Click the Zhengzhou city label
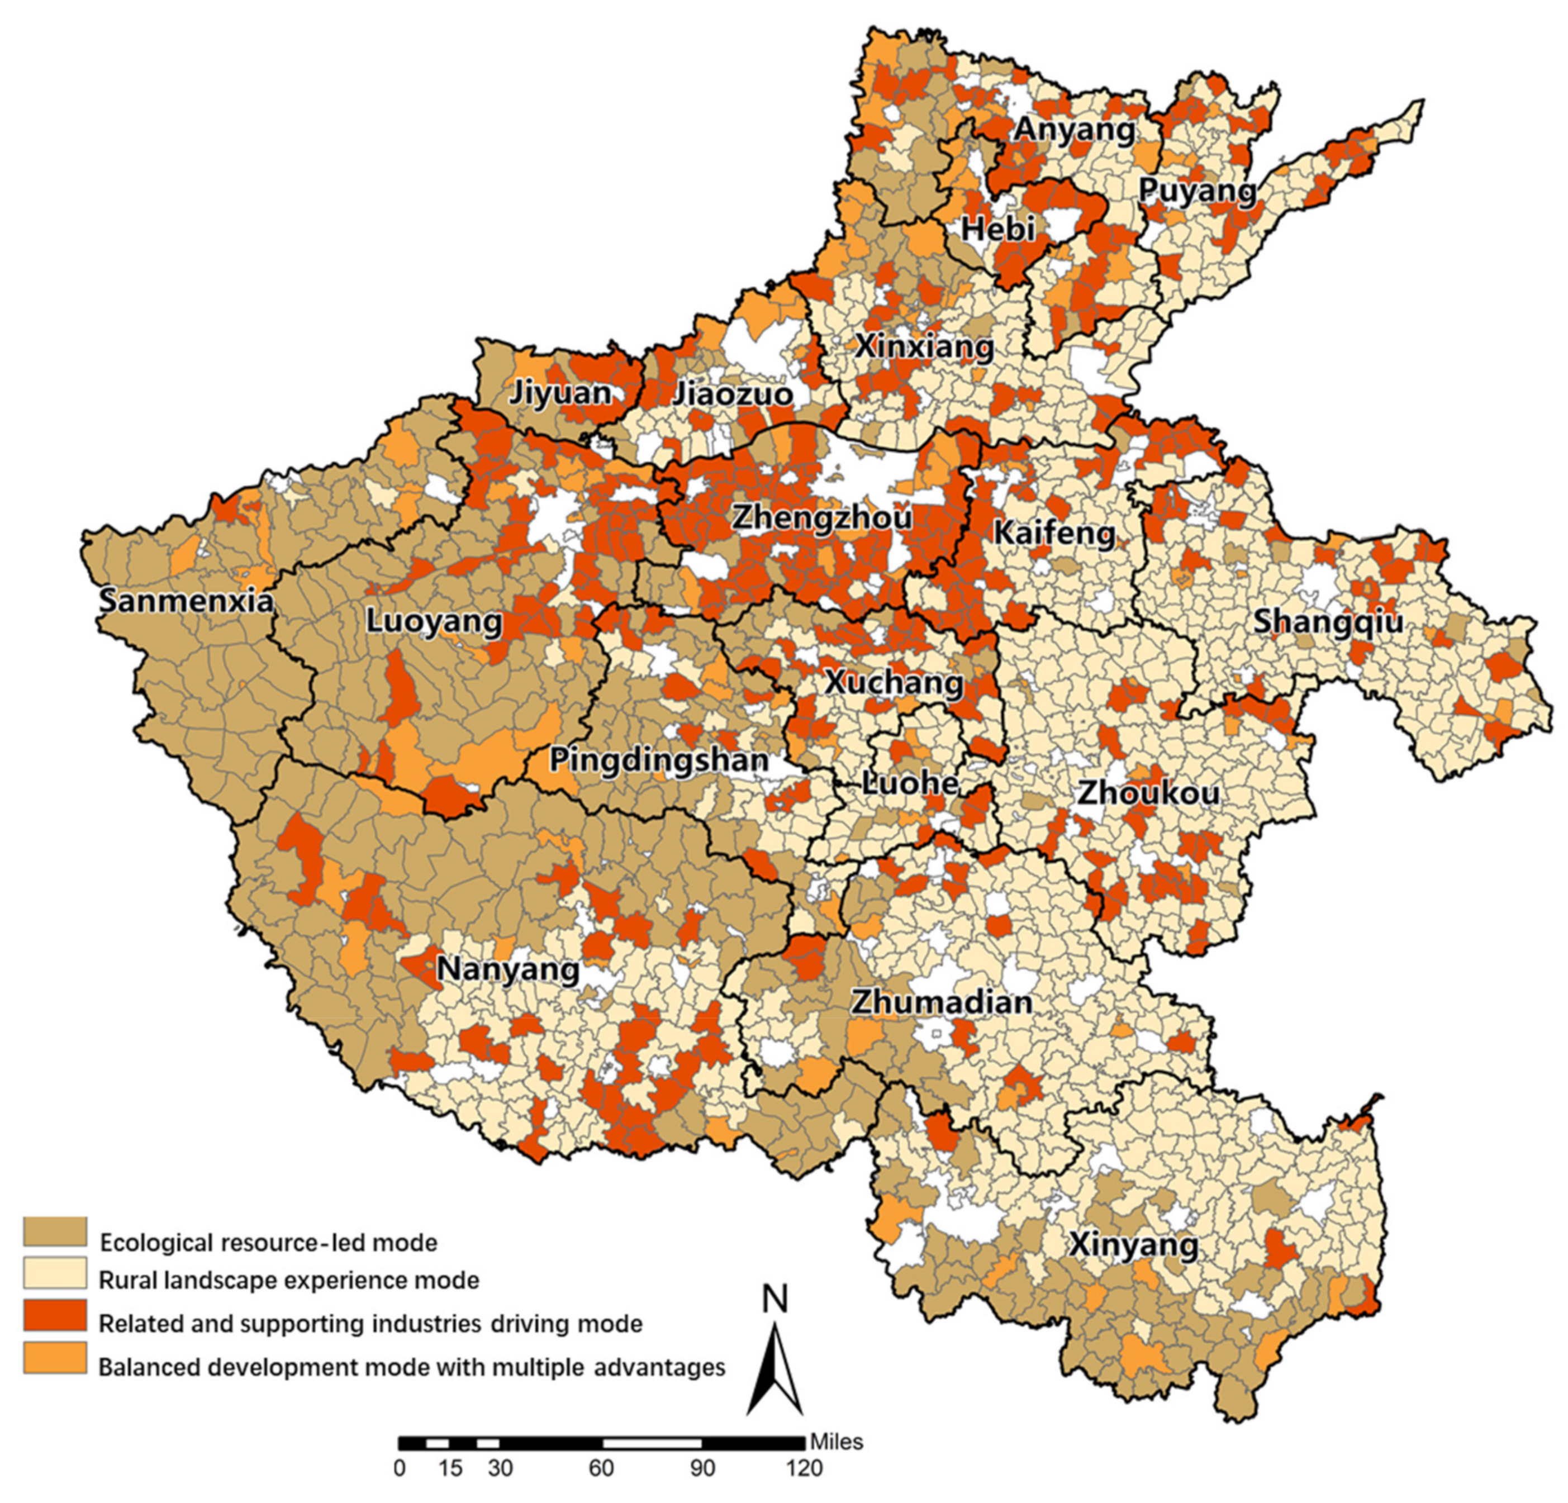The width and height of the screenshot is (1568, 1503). (821, 517)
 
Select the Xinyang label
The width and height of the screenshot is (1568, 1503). (1134, 1245)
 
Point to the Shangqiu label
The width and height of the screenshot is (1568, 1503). (1328, 621)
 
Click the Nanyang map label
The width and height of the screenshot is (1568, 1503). (509, 969)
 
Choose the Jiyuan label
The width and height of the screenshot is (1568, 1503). (561, 393)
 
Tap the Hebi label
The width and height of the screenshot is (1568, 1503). (997, 229)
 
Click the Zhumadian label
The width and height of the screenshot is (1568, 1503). (942, 1002)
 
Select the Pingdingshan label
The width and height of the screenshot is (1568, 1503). (658, 759)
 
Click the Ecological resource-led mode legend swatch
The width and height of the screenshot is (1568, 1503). (54, 1232)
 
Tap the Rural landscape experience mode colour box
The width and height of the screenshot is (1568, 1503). (54, 1273)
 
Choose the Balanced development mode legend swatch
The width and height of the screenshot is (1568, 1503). (54, 1357)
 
